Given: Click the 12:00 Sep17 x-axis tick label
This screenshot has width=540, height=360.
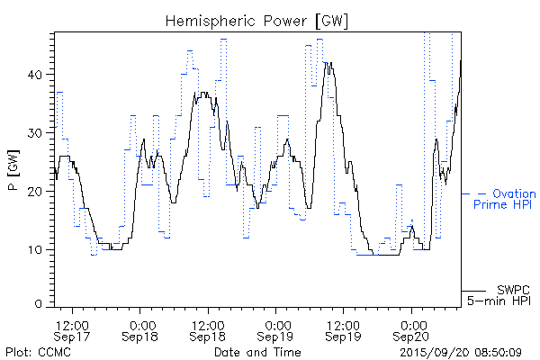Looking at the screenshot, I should (x=72, y=329).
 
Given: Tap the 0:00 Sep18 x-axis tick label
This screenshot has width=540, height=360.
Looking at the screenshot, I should (x=140, y=329).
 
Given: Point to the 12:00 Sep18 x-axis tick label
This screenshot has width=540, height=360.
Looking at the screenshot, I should (x=208, y=329).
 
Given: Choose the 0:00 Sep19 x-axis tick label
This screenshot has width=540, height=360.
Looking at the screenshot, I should (x=276, y=329).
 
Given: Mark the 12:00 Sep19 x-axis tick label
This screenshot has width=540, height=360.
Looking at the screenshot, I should (x=344, y=329).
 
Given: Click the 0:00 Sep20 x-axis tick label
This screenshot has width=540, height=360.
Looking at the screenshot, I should (x=412, y=329).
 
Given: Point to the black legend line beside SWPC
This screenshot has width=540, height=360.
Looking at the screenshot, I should (x=474, y=291).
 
